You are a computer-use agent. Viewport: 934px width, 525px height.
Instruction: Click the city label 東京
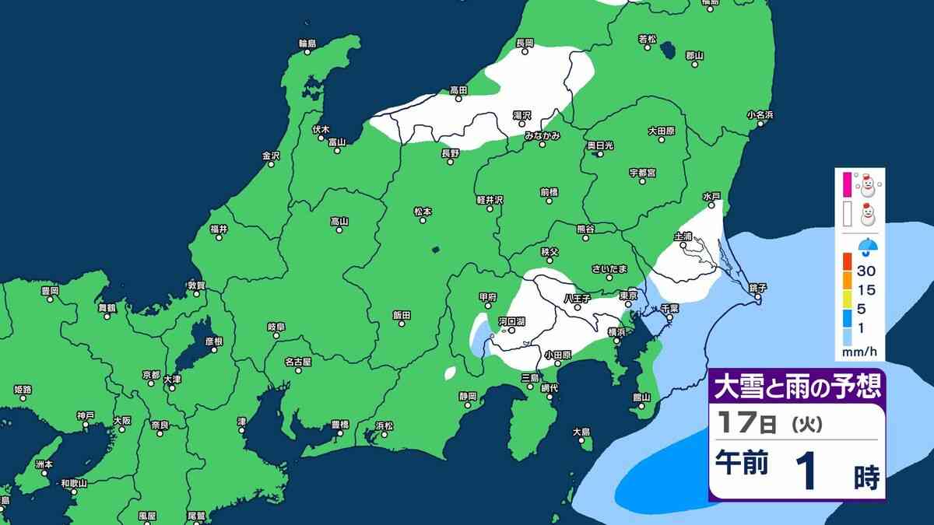point(629,296)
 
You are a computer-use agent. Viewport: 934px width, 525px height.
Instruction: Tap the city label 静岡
point(467,396)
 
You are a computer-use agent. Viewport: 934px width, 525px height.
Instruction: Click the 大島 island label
point(581,432)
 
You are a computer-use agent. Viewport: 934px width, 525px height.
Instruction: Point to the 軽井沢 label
point(490,200)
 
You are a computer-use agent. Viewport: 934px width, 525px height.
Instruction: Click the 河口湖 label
point(511,320)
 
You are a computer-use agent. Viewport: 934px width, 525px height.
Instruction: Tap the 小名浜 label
point(760,115)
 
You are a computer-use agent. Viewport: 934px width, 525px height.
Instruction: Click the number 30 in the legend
point(866,271)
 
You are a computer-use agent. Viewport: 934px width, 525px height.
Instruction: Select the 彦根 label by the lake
point(214,341)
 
